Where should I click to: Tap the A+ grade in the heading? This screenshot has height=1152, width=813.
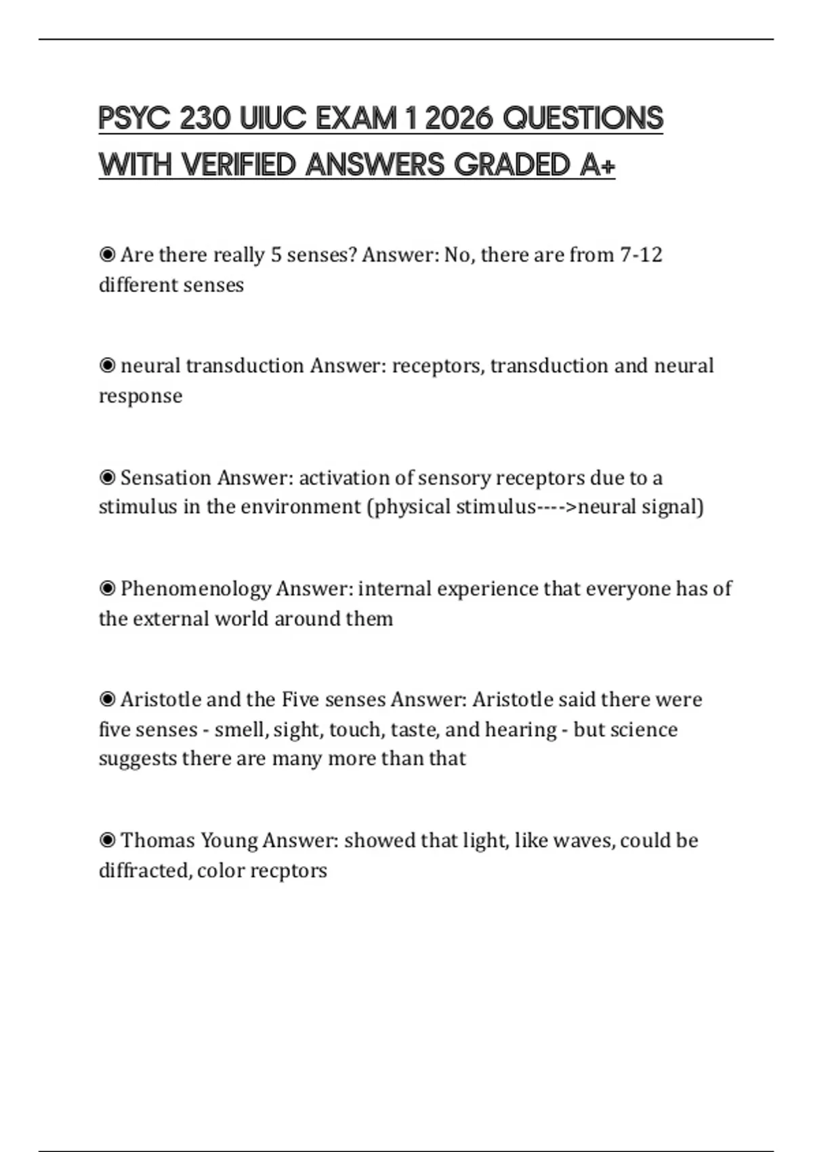click(598, 165)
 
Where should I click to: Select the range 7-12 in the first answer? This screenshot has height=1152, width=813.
click(641, 255)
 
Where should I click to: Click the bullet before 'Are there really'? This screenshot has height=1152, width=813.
click(107, 255)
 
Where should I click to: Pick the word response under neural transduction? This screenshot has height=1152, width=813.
click(140, 396)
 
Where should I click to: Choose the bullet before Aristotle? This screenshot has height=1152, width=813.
click(107, 699)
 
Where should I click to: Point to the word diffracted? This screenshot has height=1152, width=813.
click(144, 871)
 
